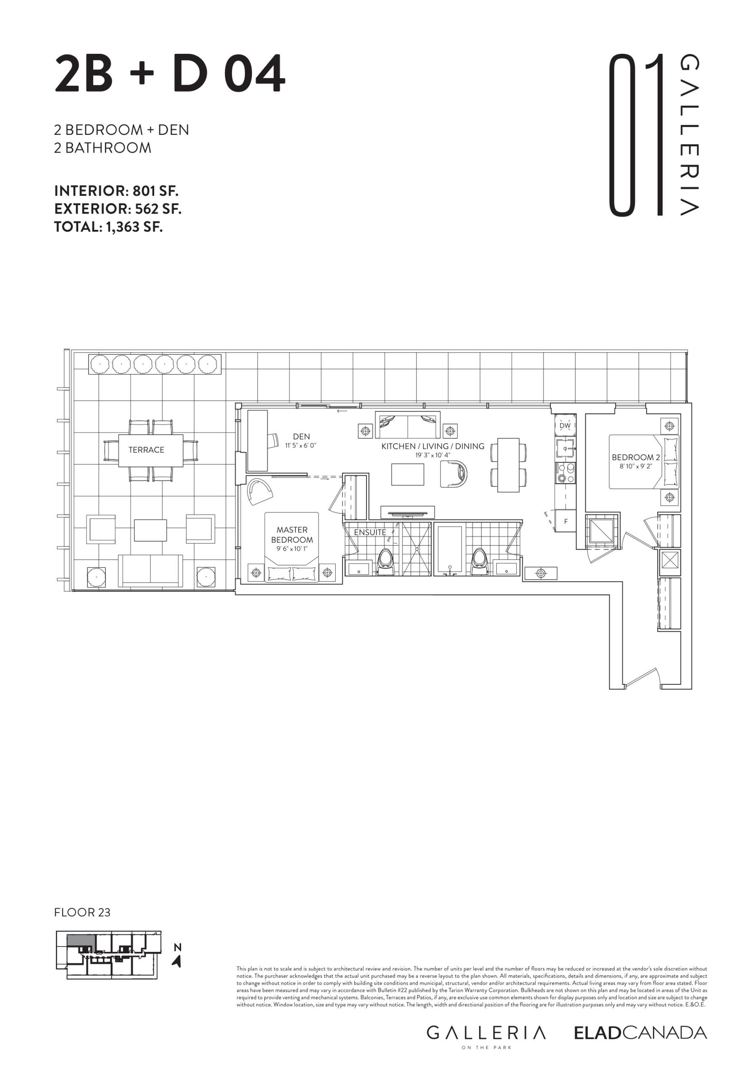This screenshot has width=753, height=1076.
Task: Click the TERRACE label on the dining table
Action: pyautogui.click(x=146, y=450)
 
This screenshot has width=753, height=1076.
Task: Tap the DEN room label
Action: pyautogui.click(x=301, y=437)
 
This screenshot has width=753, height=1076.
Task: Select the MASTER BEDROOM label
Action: pyautogui.click(x=292, y=535)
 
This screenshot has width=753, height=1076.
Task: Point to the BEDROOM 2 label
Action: pyautogui.click(x=636, y=457)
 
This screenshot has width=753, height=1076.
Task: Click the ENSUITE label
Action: pyautogui.click(x=370, y=533)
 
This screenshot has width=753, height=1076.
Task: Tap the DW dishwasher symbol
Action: pyautogui.click(x=565, y=425)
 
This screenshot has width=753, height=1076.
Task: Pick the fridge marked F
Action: pyautogui.click(x=566, y=521)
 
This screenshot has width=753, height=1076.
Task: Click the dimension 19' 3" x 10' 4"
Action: pyautogui.click(x=433, y=455)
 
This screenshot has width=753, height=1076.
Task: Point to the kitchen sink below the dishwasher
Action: pyautogui.click(x=566, y=448)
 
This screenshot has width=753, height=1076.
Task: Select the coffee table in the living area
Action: pyautogui.click(x=408, y=474)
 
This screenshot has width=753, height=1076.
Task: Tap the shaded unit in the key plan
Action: pyautogui.click(x=81, y=940)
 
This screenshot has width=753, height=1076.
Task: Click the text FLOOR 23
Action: pyautogui.click(x=82, y=912)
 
